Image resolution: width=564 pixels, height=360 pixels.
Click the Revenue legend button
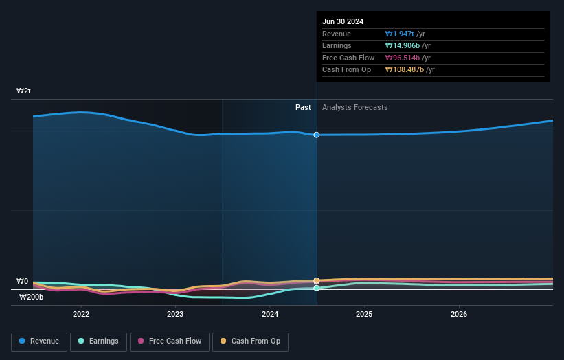[39, 341]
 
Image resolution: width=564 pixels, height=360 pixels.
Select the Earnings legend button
[98, 341]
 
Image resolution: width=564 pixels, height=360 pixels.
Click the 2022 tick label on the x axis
[81, 314]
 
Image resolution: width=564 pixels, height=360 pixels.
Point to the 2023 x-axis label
[175, 314]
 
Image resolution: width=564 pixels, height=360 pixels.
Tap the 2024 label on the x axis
[270, 314]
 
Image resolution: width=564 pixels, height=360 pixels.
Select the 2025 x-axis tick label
[364, 314]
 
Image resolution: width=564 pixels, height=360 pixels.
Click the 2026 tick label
[459, 314]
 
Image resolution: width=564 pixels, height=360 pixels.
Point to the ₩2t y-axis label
[24, 91]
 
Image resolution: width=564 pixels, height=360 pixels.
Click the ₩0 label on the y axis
[23, 281]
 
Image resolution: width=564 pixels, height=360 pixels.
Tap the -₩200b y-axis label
[30, 297]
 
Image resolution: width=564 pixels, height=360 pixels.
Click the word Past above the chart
[303, 107]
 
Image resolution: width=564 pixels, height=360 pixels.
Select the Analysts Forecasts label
[354, 107]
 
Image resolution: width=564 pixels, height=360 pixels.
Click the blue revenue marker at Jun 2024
[317, 135]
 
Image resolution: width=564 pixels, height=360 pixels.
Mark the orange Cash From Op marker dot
[317, 280]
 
